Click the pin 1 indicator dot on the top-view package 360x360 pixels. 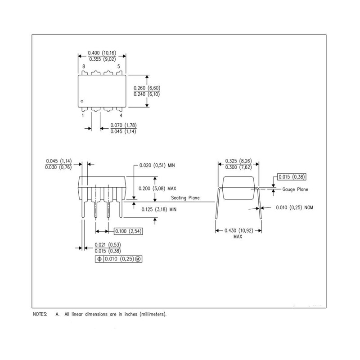click(82, 101)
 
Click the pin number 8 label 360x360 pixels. click(84, 67)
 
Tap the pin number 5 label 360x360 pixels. click(119, 67)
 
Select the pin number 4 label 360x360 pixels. click(121, 116)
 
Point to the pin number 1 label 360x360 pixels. click(83, 116)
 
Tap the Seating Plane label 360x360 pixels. click(185, 198)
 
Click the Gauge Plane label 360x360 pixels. click(295, 189)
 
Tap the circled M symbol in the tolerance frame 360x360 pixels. click(138, 259)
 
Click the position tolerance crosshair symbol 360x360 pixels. click(99, 259)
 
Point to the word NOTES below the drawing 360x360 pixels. click(40, 314)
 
